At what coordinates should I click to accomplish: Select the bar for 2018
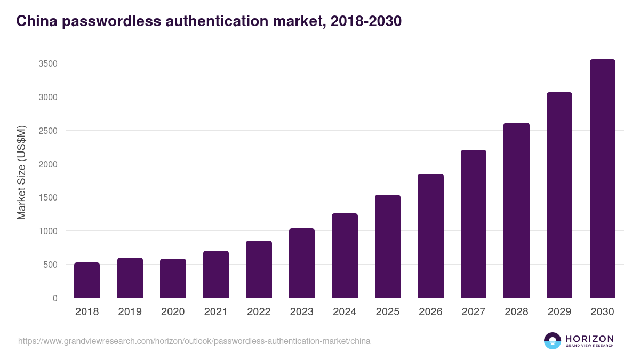pyautogui.click(x=87, y=280)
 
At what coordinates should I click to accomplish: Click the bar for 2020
pyautogui.click(x=173, y=278)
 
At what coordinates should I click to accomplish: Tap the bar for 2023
pyautogui.click(x=302, y=263)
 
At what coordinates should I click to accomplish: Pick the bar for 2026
pyautogui.click(x=430, y=236)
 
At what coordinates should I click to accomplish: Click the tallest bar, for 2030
pyautogui.click(x=602, y=179)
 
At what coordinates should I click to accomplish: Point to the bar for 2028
pyautogui.click(x=516, y=210)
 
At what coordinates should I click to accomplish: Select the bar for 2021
pyautogui.click(x=216, y=274)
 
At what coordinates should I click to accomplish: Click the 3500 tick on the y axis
pyautogui.click(x=48, y=63)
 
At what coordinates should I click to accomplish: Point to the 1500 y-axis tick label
pyautogui.click(x=48, y=197)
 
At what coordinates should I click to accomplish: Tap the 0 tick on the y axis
pyautogui.click(x=55, y=298)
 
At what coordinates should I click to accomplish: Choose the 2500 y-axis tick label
pyautogui.click(x=48, y=131)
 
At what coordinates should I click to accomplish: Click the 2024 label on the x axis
pyautogui.click(x=345, y=312)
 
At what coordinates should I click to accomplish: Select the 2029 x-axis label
pyautogui.click(x=559, y=312)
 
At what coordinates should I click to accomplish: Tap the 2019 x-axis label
pyautogui.click(x=130, y=312)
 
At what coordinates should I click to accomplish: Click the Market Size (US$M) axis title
pyautogui.click(x=21, y=172)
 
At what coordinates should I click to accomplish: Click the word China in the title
pyautogui.click(x=36, y=21)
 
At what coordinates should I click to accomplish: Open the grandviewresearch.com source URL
pyautogui.click(x=194, y=341)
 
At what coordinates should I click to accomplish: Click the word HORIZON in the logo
pyautogui.click(x=589, y=339)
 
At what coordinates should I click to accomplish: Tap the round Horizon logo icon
pyautogui.click(x=553, y=341)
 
